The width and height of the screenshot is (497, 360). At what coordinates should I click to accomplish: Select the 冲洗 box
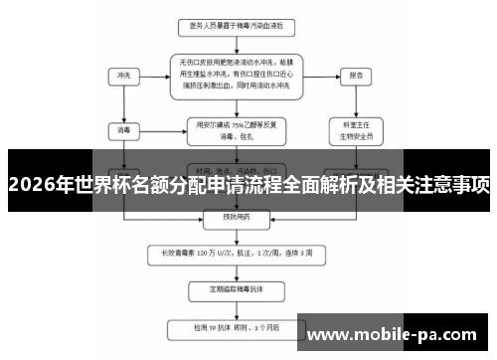124,75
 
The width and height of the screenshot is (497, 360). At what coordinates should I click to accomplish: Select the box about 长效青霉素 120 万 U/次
237,254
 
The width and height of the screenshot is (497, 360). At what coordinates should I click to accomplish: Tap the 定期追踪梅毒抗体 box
237,291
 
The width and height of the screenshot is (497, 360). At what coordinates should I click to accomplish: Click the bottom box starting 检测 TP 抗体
237,326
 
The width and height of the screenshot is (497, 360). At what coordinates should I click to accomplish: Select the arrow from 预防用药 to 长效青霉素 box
237,237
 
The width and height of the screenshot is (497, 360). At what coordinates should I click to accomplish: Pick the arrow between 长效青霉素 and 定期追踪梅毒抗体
237,271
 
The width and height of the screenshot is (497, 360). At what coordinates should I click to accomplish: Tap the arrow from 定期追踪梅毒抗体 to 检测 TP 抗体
237,309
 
